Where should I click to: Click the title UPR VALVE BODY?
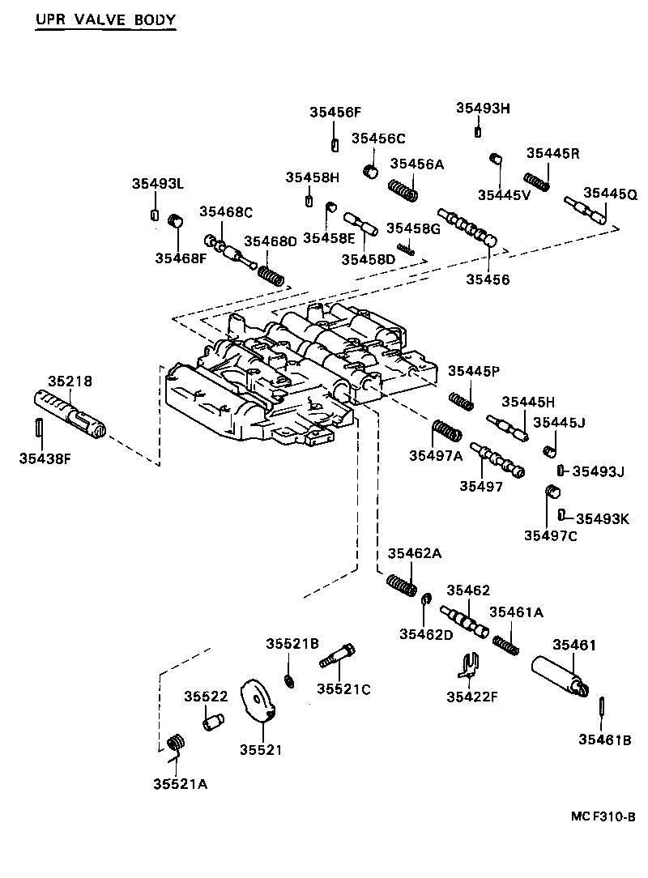104,19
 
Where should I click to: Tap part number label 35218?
70,380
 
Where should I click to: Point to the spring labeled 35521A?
176,743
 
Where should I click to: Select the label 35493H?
483,109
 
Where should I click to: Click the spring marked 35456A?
403,191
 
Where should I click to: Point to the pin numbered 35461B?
602,705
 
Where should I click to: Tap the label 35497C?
550,535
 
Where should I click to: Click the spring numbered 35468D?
271,273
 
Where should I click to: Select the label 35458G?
413,228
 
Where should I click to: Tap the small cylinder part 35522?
213,719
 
